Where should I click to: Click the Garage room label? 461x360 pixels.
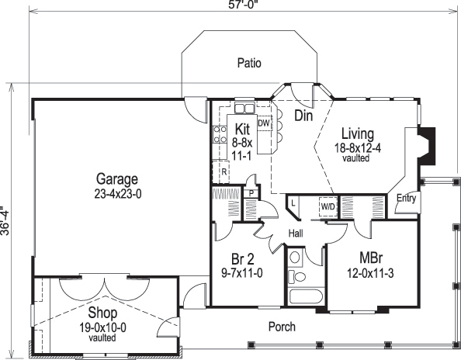click(x=117, y=178)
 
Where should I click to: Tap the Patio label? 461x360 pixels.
click(x=249, y=63)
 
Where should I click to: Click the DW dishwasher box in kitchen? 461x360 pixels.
click(x=264, y=123)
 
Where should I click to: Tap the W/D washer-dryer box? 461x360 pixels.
click(x=328, y=206)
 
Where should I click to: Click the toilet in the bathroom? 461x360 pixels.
click(x=297, y=277)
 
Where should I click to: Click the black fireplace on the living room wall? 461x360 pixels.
click(x=427, y=146)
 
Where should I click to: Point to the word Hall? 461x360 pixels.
click(x=296, y=234)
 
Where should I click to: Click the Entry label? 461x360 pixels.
click(x=406, y=199)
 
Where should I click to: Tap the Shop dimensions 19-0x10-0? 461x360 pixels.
click(x=102, y=327)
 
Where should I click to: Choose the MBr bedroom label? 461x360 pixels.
click(x=371, y=258)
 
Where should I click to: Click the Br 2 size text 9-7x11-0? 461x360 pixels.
click(x=242, y=273)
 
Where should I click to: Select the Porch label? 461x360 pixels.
click(x=282, y=327)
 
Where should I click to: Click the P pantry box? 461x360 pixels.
click(x=251, y=193)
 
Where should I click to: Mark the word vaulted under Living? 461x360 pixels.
click(x=355, y=158)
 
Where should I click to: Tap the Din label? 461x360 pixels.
click(x=303, y=116)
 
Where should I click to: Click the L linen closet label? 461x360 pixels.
click(x=293, y=203)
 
